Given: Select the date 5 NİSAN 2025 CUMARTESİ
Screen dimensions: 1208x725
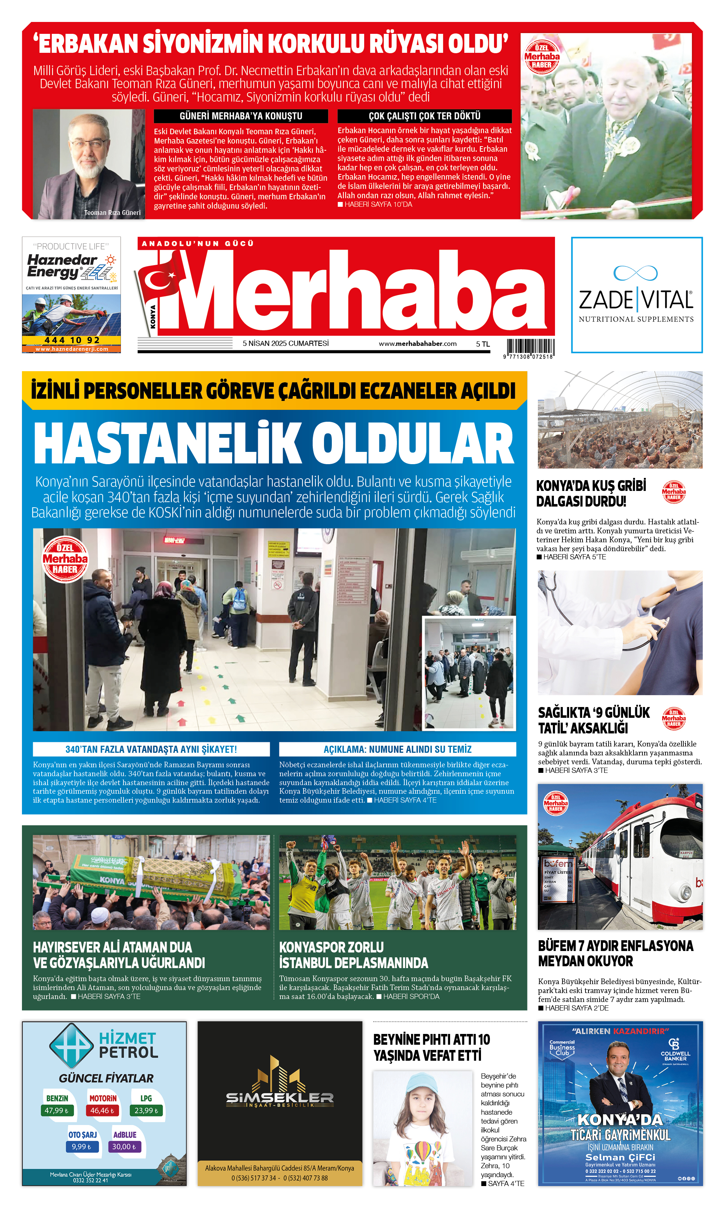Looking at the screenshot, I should tap(285, 343).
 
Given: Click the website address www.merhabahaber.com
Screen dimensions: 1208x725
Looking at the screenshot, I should tap(417, 343).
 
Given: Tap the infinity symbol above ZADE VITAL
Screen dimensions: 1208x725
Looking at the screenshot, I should tap(635, 273).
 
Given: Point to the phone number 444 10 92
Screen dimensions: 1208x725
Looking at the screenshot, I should tap(71, 340).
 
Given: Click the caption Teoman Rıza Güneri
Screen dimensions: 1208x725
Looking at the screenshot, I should tap(112, 212).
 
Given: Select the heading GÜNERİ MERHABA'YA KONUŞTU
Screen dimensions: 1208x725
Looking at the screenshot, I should tap(241, 116).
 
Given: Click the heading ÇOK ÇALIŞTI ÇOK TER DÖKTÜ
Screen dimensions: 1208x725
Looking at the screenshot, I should tap(424, 116).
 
